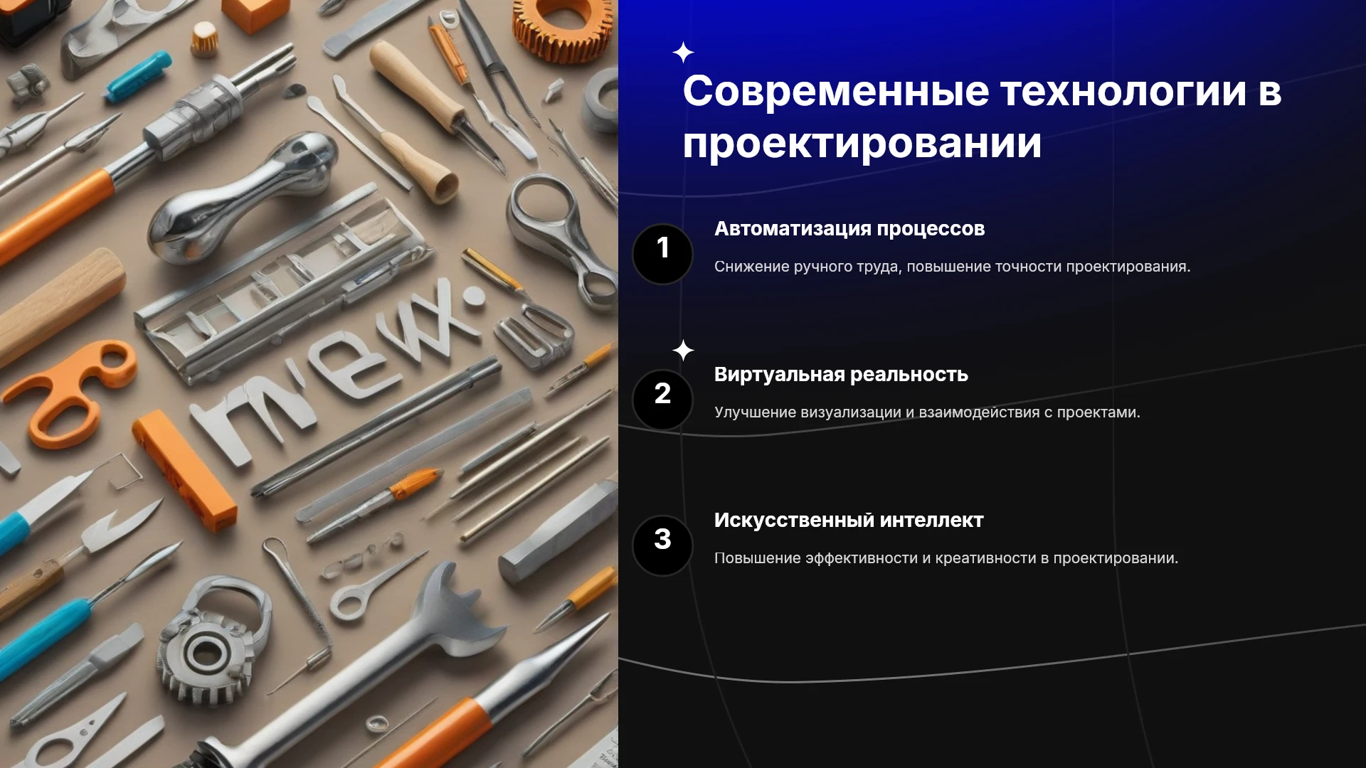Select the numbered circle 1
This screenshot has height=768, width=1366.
[x=662, y=254]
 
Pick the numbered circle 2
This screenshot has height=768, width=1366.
[x=662, y=400]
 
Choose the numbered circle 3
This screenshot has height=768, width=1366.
[x=662, y=545]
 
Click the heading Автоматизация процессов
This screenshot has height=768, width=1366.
[x=849, y=229]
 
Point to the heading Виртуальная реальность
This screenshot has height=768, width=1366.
[x=841, y=375]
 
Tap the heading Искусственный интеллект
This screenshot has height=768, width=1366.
[x=849, y=521]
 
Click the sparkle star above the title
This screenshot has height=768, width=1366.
[x=683, y=53]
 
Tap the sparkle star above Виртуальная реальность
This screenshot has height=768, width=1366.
[x=683, y=351]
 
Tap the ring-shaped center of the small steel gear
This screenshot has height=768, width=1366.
[x=206, y=650]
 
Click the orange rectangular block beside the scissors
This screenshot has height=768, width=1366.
[x=184, y=470]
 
